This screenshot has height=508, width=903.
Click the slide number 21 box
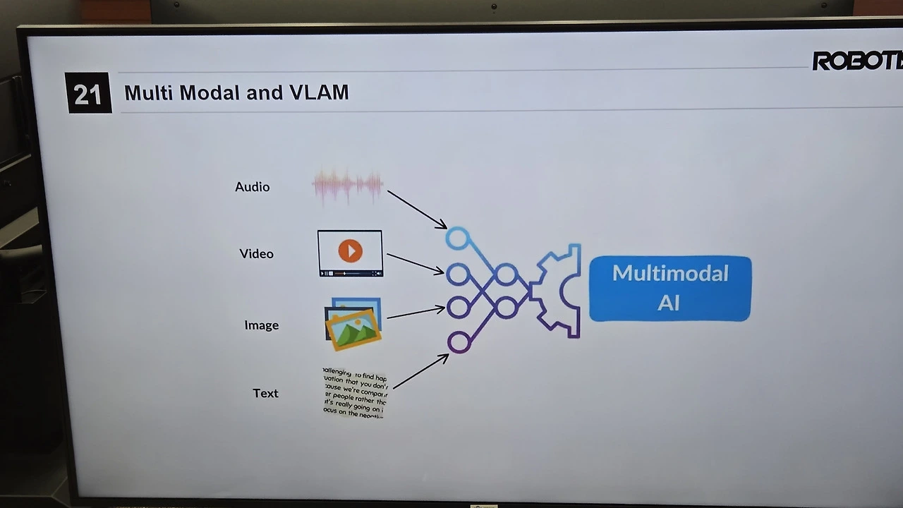pyautogui.click(x=89, y=92)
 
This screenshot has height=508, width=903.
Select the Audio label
pyautogui.click(x=252, y=187)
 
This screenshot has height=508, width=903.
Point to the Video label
pyautogui.click(x=256, y=254)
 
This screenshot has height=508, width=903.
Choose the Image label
pyautogui.click(x=261, y=325)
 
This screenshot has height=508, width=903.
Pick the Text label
pyautogui.click(x=265, y=394)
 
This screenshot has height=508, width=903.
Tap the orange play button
pyautogui.click(x=350, y=251)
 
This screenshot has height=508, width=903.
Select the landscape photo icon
pyautogui.click(x=353, y=325)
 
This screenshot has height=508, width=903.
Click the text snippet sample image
pyautogui.click(x=355, y=393)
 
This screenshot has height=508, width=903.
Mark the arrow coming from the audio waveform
pyautogui.click(x=416, y=209)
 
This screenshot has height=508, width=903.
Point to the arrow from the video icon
pyautogui.click(x=415, y=263)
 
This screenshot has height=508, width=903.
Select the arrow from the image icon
pyautogui.click(x=416, y=312)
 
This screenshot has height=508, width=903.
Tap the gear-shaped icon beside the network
pyautogui.click(x=557, y=290)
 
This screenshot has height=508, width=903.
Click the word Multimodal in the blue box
pyautogui.click(x=669, y=274)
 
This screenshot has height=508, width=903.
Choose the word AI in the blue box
pyautogui.click(x=668, y=303)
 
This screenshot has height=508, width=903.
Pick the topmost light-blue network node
pyautogui.click(x=457, y=238)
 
